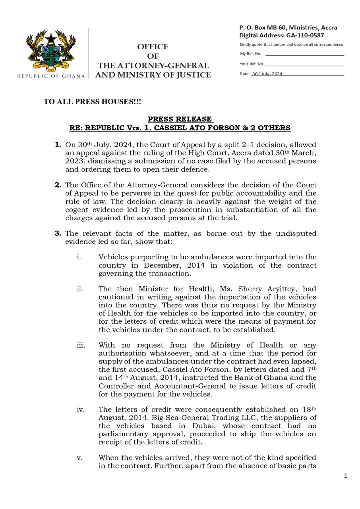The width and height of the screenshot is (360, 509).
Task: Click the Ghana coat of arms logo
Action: pyautogui.click(x=51, y=51)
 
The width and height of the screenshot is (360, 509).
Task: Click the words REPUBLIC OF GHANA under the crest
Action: pyautogui.click(x=51, y=76)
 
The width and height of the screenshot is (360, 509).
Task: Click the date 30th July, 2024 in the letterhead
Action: pyautogui.click(x=267, y=74)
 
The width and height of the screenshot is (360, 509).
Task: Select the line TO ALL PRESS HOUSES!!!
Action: pyautogui.click(x=92, y=102)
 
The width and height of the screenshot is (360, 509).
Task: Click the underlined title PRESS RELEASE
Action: pyautogui.click(x=180, y=119)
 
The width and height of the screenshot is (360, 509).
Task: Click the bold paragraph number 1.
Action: pyautogui.click(x=58, y=145)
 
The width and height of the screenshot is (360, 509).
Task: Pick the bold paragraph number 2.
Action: pyautogui.click(x=58, y=185)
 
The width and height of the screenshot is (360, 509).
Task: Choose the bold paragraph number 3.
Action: pyautogui.click(x=58, y=234)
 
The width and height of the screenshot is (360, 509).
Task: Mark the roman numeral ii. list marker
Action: pyautogui.click(x=79, y=289)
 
